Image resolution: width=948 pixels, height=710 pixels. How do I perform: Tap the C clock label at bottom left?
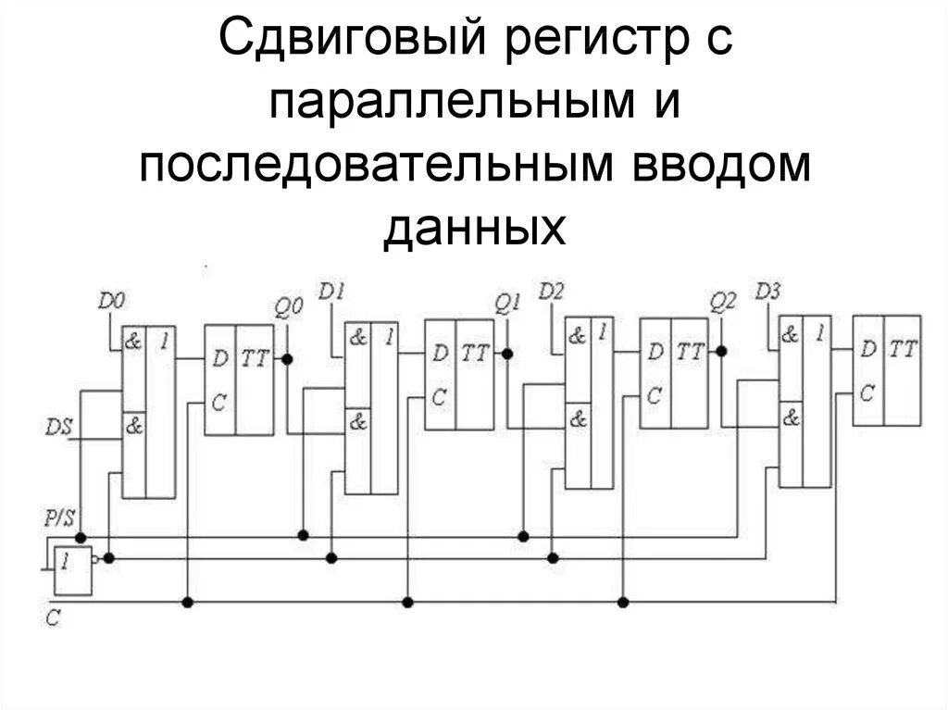53,617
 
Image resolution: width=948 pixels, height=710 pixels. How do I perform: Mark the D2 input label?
551,291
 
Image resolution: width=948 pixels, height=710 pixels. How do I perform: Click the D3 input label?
767,291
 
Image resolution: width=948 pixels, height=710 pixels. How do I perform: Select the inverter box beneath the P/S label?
73,570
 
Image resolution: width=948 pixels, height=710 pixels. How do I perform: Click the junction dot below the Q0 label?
288,358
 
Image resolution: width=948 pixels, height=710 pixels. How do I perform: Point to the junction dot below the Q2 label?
722,351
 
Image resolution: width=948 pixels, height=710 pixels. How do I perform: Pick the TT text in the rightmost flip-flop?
903,349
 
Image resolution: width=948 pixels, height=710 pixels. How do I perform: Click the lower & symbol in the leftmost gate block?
133,428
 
